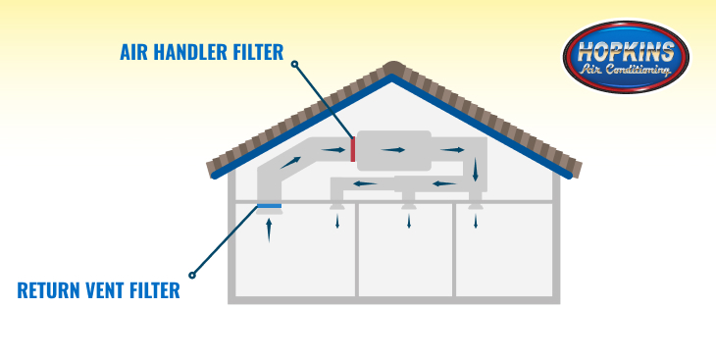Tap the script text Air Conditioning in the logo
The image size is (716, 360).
[x=627, y=71]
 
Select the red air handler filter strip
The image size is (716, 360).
[x=352, y=150]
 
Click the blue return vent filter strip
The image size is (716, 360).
[x=269, y=206]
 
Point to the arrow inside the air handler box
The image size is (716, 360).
[x=392, y=150]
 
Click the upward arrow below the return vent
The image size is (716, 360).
[x=269, y=230]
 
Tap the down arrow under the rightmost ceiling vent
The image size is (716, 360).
[x=476, y=221]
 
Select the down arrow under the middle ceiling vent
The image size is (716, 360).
[x=408, y=221]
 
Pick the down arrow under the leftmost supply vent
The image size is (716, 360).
[x=338, y=221]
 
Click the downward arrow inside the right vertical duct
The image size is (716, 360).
[x=476, y=171]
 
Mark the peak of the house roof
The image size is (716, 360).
[x=393, y=67]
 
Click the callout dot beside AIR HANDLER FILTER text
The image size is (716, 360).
[x=294, y=65]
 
